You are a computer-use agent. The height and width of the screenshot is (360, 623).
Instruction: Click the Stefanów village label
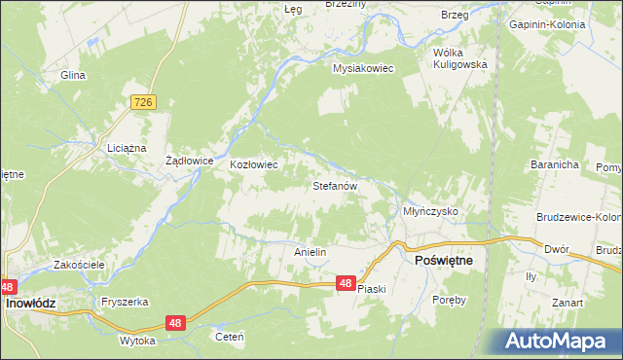(x=336, y=184)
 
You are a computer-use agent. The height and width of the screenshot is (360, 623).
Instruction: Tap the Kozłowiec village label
(x=253, y=164)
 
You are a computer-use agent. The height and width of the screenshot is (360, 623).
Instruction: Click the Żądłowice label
(x=190, y=162)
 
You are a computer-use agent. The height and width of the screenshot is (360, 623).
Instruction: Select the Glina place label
(x=73, y=75)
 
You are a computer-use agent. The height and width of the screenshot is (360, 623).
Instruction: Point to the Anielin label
(x=310, y=251)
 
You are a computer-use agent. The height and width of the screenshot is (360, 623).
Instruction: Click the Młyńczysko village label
(x=430, y=211)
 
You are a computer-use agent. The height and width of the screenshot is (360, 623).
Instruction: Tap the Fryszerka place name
(x=124, y=302)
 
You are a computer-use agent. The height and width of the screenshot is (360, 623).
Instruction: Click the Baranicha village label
(x=555, y=165)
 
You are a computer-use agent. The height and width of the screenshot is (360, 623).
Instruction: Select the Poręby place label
(x=450, y=300)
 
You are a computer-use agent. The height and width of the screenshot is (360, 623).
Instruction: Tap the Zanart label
(x=567, y=303)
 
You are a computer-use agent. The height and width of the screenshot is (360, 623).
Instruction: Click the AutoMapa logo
(x=559, y=341)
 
